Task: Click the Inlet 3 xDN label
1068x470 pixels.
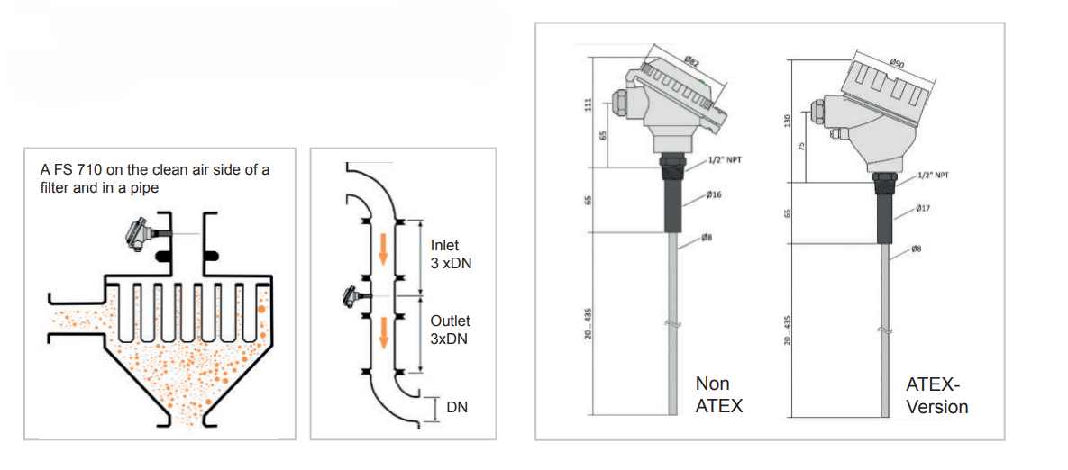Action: click(x=451, y=253)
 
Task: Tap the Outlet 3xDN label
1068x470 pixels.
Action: click(x=451, y=330)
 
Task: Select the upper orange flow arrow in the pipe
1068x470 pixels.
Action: click(x=383, y=251)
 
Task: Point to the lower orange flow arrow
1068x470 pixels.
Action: click(x=383, y=331)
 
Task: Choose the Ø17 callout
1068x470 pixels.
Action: click(x=922, y=210)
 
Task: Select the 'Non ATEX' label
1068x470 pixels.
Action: click(x=719, y=395)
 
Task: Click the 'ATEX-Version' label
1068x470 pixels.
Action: click(x=936, y=396)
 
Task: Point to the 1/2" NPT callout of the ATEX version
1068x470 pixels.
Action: click(x=933, y=176)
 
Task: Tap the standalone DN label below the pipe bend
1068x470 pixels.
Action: click(x=457, y=408)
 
